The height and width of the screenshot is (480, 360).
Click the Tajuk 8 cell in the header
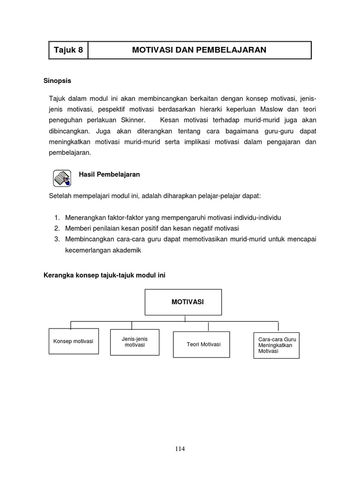click(x=68, y=50)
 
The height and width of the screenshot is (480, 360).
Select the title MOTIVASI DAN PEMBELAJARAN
click(x=199, y=50)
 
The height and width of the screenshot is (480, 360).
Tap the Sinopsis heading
click(x=57, y=81)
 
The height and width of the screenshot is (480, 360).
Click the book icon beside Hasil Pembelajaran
click(x=61, y=178)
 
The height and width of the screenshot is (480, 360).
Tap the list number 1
click(x=57, y=218)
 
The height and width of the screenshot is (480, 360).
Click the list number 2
click(x=57, y=228)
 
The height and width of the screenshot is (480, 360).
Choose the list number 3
click(x=57, y=239)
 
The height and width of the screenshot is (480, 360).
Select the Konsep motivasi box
click(x=74, y=341)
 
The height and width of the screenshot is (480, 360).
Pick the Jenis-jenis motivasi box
click(x=135, y=342)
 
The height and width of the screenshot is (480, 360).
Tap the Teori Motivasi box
click(x=202, y=345)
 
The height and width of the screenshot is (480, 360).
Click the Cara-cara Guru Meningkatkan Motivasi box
click(x=276, y=345)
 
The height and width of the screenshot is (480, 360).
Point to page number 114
click(x=180, y=449)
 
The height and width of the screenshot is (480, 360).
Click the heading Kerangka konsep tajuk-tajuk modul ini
click(x=105, y=276)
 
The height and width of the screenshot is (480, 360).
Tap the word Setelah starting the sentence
click(x=60, y=195)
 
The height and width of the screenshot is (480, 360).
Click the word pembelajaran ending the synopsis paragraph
click(x=70, y=153)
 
